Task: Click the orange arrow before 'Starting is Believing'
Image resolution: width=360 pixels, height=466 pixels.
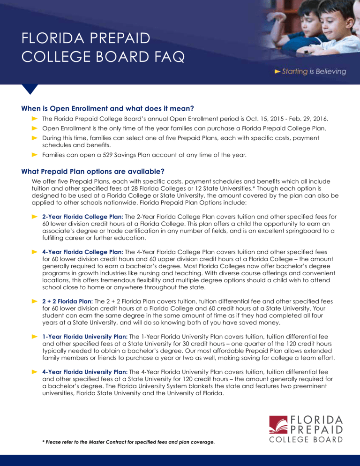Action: (x=278, y=72)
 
